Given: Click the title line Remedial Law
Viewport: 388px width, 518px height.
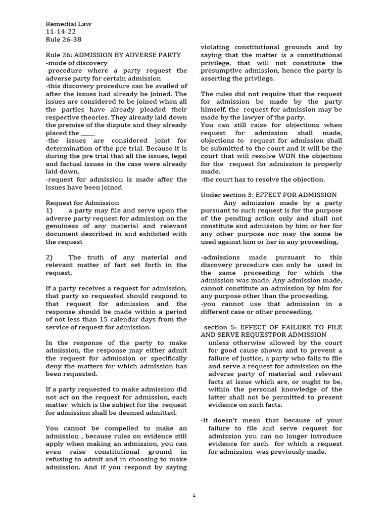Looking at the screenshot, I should pos(68,23).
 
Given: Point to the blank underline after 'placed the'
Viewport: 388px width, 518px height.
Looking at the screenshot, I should pos(87,133).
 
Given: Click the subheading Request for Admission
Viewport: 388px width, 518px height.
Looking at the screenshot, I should pos(82,203).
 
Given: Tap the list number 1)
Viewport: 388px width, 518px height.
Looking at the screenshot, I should pos(49,210).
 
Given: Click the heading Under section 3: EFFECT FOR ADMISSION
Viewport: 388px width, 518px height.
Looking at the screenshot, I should pos(269,195).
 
